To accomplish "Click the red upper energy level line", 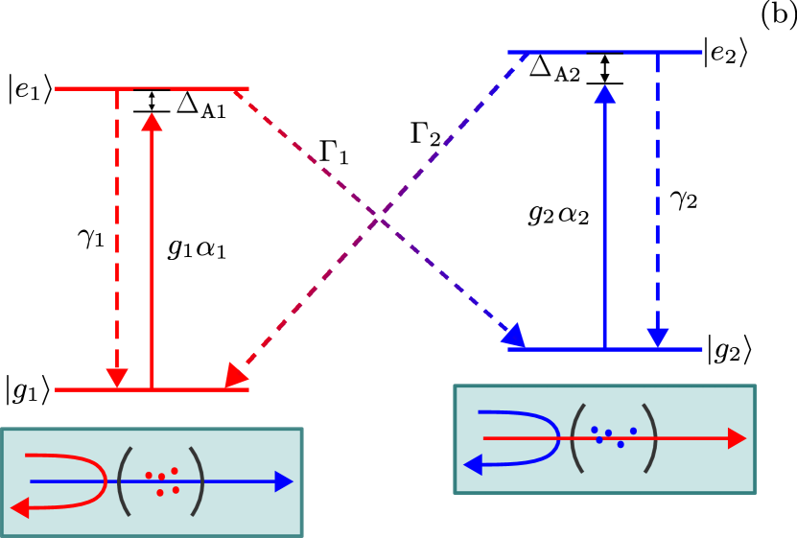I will pyautogui.click(x=86, y=88).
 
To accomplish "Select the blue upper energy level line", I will pyautogui.click(x=556, y=52).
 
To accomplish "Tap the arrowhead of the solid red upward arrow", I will pyautogui.click(x=152, y=122).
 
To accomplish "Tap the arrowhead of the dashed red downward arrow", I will pyautogui.click(x=117, y=378).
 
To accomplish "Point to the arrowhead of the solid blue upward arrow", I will pyautogui.click(x=604, y=94).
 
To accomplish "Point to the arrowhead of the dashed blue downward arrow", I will pyautogui.click(x=657, y=338).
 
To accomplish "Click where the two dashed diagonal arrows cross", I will pyautogui.click(x=380, y=221).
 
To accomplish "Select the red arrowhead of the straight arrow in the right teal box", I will pyautogui.click(x=737, y=438).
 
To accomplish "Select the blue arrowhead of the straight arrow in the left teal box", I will pyautogui.click(x=284, y=481).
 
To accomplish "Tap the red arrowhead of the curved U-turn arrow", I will pyautogui.click(x=20, y=507).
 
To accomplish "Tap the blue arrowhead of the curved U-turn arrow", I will pyautogui.click(x=473, y=465).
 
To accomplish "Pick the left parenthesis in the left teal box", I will pyautogui.click(x=124, y=481).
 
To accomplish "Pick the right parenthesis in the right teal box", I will pyautogui.click(x=650, y=438).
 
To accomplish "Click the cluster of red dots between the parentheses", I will pyautogui.click(x=162, y=481).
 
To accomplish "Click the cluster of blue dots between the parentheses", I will pyautogui.click(x=613, y=436).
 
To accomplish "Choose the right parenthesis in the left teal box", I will pyautogui.click(x=198, y=481).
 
